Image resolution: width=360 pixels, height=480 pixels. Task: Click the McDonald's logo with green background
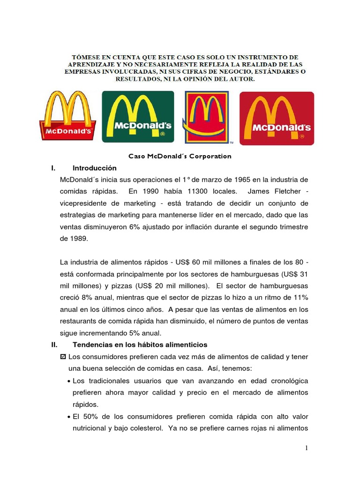(x=138, y=116)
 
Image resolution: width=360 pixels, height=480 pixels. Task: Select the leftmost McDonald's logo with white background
(x=68, y=115)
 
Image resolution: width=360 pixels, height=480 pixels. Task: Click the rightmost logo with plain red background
(x=277, y=118)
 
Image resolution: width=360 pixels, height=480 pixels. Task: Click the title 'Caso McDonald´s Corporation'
(x=180, y=156)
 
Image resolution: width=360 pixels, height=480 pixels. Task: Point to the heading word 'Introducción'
(x=94, y=168)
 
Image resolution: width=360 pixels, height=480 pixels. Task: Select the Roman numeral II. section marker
(x=54, y=345)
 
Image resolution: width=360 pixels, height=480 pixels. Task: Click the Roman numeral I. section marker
(x=53, y=168)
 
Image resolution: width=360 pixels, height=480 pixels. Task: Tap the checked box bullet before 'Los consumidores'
(x=64, y=357)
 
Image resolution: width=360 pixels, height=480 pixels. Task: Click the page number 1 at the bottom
(x=307, y=449)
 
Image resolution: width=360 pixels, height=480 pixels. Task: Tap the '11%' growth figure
(x=300, y=298)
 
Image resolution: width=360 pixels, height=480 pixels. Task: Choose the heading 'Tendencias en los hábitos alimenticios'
(x=137, y=345)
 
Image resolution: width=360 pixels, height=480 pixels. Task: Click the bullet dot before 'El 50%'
(x=69, y=417)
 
